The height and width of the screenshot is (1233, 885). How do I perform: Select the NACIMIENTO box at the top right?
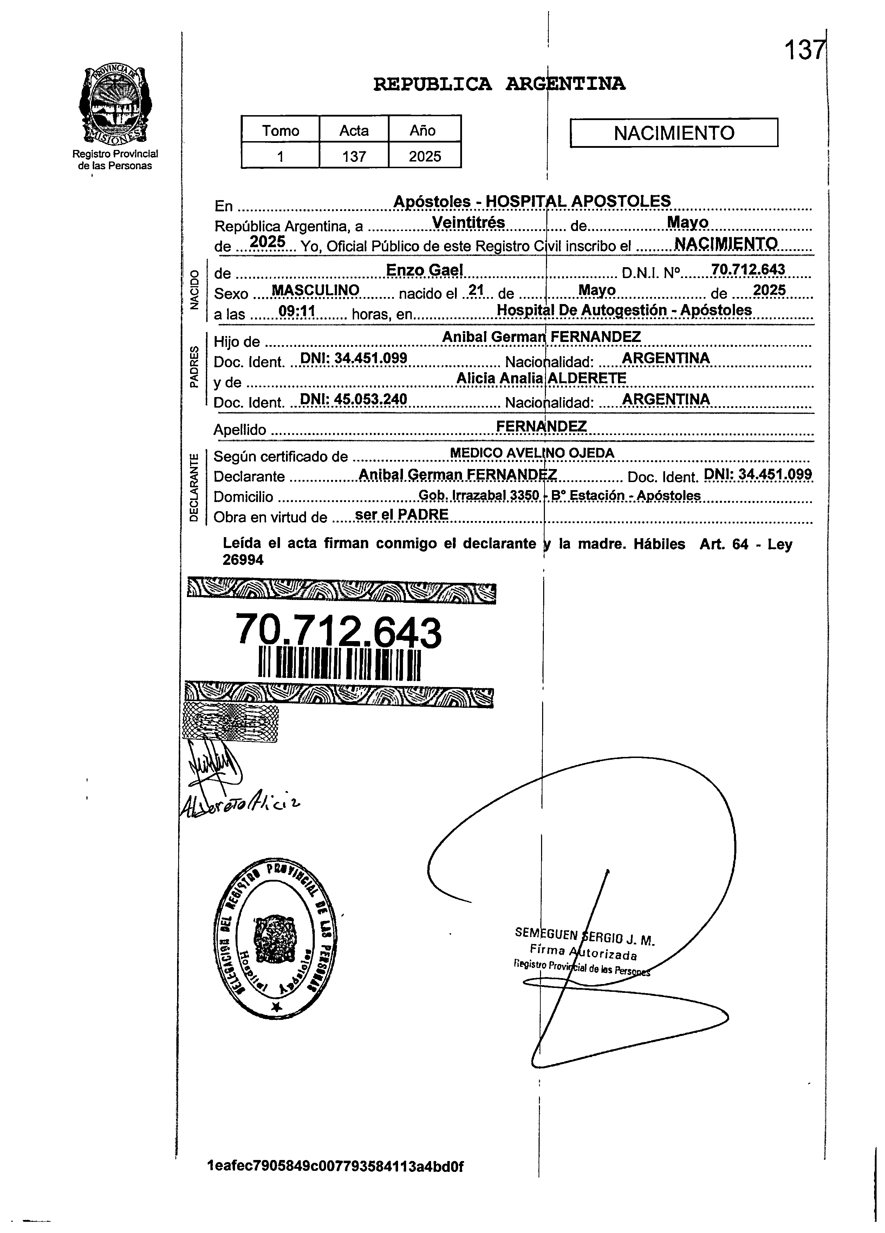(673, 133)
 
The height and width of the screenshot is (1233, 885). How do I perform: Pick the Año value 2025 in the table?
(425, 157)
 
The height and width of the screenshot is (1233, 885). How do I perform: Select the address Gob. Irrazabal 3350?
(479, 495)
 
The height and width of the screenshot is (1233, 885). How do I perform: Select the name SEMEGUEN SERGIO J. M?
(585, 937)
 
